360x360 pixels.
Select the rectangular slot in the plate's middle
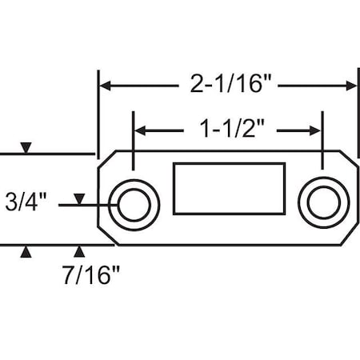point(228,189)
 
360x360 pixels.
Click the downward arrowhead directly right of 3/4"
point(78,198)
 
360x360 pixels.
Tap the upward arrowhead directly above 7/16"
point(78,252)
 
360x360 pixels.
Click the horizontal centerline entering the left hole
point(88,206)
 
